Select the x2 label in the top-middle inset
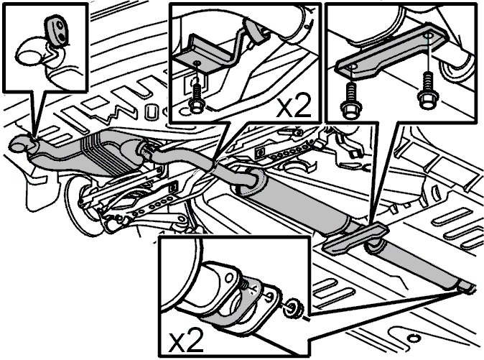(293, 106)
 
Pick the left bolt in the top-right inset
(350, 101)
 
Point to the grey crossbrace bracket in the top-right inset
(391, 51)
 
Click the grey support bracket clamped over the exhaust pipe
(355, 239)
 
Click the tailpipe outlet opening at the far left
(19, 144)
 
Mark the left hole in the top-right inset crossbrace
(352, 67)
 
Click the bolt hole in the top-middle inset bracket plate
(197, 63)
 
